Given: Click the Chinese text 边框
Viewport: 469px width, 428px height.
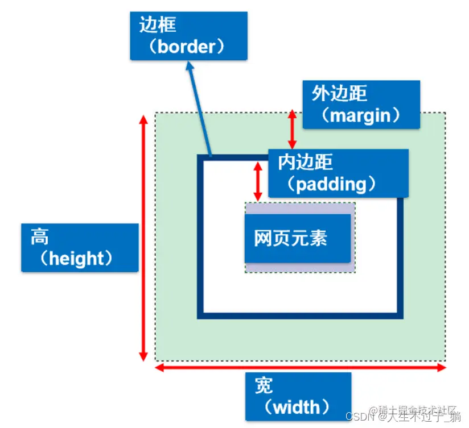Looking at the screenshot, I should [x=158, y=24].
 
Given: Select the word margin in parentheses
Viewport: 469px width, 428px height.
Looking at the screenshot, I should [x=361, y=115].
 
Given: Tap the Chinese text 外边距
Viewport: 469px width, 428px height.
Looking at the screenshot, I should [x=339, y=93].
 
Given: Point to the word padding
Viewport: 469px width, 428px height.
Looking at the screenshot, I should [x=331, y=184].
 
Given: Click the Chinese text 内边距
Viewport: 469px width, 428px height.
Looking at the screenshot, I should [x=305, y=162].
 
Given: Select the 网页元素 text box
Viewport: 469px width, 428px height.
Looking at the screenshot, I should [x=298, y=238].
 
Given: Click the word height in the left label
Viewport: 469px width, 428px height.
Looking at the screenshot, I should [x=77, y=259].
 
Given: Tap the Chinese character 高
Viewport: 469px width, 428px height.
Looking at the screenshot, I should [x=40, y=236].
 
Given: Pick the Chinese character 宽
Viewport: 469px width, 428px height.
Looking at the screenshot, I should [x=264, y=385].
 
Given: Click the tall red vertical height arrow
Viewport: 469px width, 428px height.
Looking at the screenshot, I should [x=143, y=239].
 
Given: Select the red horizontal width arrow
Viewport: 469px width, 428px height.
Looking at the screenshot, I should [x=301, y=368].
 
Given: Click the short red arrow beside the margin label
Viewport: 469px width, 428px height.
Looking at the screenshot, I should [x=292, y=130].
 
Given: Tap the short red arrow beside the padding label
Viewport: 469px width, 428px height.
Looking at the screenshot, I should [x=258, y=181].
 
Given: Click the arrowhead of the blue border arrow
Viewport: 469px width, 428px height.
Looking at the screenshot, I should [x=190, y=67].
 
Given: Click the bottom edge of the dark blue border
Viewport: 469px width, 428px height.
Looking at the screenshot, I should [x=300, y=315].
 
